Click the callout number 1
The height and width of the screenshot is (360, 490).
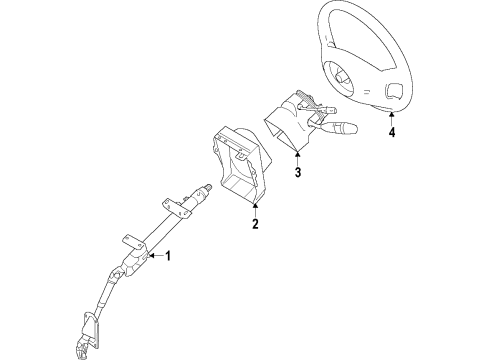tap(168, 256)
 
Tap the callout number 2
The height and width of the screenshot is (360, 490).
tap(255, 224)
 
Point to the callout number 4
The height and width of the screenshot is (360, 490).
tap(392, 130)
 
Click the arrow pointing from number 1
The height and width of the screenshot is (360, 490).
tap(153, 257)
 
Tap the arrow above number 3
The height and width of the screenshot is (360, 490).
tap(298, 157)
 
